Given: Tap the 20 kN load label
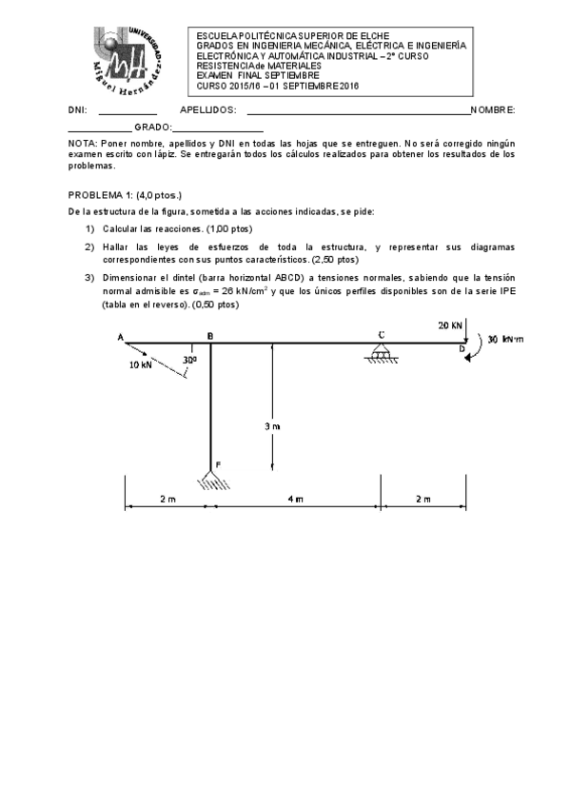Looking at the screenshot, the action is pos(450,325).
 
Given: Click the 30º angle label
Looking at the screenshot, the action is pos(189,361).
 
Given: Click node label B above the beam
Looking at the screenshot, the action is pos(209,336).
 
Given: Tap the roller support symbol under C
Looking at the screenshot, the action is pos(381,354).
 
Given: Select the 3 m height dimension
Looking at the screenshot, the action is pos(272,426).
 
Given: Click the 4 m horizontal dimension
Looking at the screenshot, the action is pos(296,499).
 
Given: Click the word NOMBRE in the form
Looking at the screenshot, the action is pos(492,111).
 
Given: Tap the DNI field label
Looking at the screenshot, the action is pos(77,111).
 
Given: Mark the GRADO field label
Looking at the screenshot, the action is pos(152,127).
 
